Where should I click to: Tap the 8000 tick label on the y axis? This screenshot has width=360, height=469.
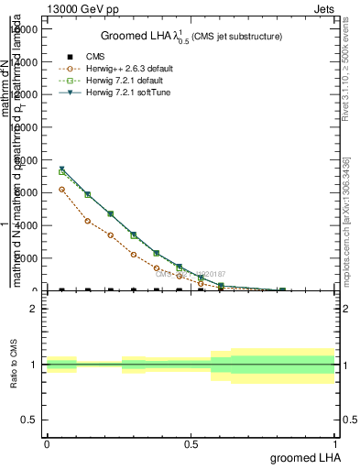coord(25,160)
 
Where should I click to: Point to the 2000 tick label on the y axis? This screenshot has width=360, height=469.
coord(25,258)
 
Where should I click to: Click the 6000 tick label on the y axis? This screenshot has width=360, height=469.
coord(25,193)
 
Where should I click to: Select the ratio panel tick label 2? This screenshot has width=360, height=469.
coord(32,309)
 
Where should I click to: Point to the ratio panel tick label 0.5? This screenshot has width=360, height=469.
coord(27,420)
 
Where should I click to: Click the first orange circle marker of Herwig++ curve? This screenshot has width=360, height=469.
coord(61,190)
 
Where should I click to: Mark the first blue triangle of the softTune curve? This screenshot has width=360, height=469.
coord(61,169)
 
